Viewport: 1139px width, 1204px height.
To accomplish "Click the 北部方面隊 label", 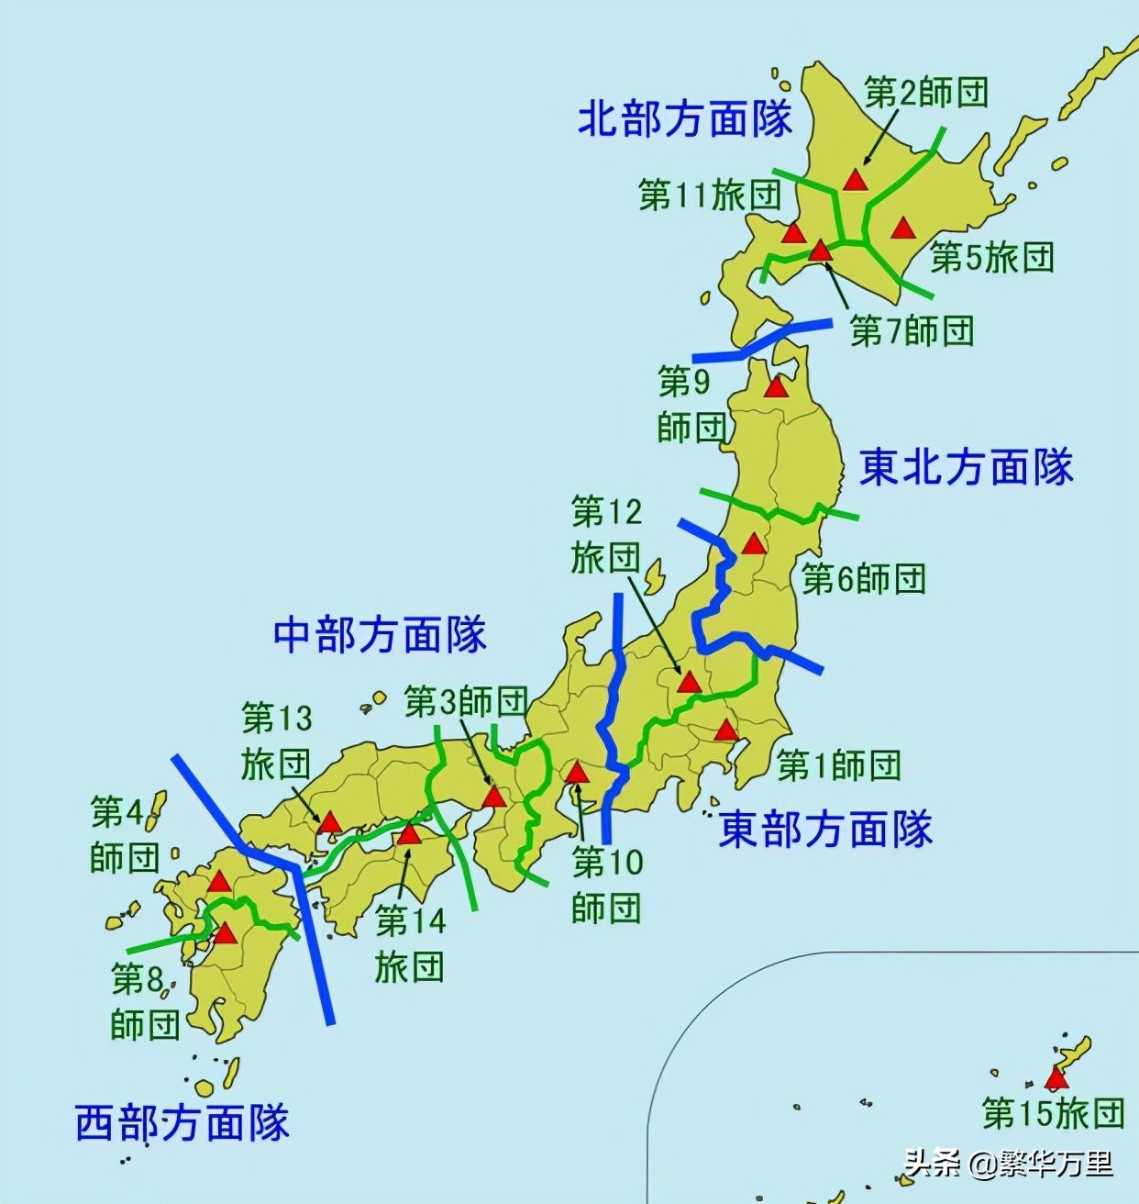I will pos(684,119).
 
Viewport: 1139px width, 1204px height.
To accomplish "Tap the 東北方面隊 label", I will pos(966,467).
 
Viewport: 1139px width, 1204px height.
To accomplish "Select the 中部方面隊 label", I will pos(380,635).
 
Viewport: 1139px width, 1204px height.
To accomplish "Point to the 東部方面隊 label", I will pos(825,830).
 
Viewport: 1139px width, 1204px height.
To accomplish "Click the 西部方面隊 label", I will pos(182,1122).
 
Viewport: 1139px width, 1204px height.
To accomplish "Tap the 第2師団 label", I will pos(926,92).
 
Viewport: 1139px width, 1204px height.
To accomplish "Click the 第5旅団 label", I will pos(992,258).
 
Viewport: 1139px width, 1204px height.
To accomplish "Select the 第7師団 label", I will pos(912,330).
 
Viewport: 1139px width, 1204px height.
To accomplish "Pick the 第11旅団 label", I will pos(710,195).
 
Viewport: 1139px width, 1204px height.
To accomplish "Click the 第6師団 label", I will pos(864,579).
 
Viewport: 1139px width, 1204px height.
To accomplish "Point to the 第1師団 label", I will pos(839,764).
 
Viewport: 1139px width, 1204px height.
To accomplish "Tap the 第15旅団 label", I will pos(1053,1113).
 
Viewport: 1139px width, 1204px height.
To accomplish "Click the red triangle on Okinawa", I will pos(1056,1078).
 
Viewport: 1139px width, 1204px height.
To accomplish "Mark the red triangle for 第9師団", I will pos(776,387).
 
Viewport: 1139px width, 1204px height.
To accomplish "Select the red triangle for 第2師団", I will pos(855,180).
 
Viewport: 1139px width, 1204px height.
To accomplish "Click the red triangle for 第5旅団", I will pos(903,228).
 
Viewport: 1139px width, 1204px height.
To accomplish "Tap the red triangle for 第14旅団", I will pos(408,834).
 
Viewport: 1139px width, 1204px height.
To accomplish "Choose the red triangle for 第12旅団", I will pos(689,682).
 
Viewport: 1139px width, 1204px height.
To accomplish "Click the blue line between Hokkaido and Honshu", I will pos(761,341).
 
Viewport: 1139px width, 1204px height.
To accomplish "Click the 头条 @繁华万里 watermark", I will pos(1009,1165).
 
